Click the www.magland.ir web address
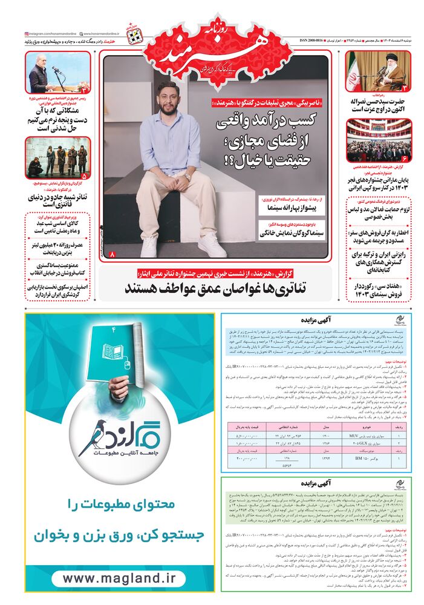(x=114, y=578)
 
